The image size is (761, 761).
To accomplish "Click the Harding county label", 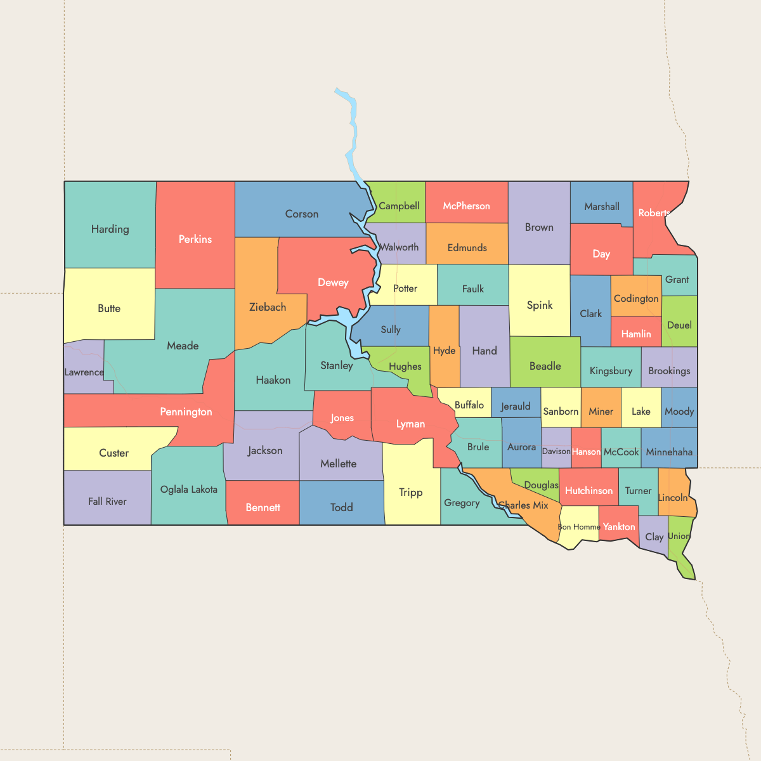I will pos(110,229).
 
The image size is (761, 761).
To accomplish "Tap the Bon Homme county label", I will pos(578,527).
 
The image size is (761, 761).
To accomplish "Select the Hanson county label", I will pos(586,452).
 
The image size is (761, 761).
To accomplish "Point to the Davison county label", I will pos(556,452).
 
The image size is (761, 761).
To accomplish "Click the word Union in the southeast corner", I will pos(679,536).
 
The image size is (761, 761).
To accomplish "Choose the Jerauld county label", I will pos(516,407).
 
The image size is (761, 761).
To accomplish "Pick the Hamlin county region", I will pos(636,334).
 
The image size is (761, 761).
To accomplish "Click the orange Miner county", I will pos(601,412).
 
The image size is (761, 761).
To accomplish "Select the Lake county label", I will pos(641,412).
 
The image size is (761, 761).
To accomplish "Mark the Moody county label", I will pos(679,412).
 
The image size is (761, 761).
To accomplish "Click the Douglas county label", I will pos(541,485).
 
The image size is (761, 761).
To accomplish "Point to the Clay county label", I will pos(654,537).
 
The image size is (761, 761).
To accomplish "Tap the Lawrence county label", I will pos(84,372).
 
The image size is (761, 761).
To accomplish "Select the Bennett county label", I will pos(263,507).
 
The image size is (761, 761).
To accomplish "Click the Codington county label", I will pos(636,299).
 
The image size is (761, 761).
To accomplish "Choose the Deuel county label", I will pos(679,325).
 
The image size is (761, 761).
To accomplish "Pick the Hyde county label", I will pos(444,351).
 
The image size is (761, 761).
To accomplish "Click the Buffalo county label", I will pos(469,405).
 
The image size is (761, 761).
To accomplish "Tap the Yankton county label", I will pos(619,527).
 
